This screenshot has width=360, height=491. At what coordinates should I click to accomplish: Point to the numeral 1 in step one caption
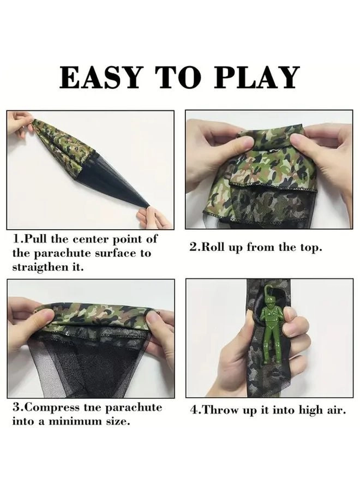[x=16, y=239]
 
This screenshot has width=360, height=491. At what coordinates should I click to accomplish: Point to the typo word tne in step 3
[x=93, y=408]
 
